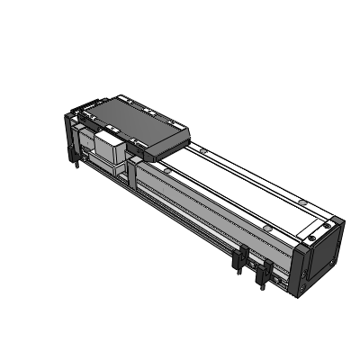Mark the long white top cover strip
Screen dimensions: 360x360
pyautogui.click(x=243, y=184)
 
